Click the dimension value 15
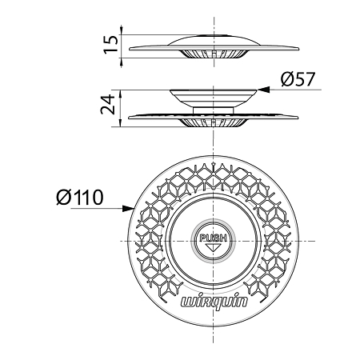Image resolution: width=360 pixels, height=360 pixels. (x=110, y=44)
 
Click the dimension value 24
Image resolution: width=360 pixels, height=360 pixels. (x=108, y=104)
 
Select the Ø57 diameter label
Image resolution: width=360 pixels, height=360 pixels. (x=298, y=79)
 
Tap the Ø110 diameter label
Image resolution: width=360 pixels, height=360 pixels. (x=80, y=198)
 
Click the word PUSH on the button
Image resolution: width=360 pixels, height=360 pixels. (x=213, y=238)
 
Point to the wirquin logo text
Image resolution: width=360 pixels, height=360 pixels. (x=214, y=302)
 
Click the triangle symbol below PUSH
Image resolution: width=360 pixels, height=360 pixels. (x=213, y=247)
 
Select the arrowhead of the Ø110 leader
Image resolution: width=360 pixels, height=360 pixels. (x=127, y=209)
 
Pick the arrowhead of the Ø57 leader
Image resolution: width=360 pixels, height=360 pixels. (x=263, y=90)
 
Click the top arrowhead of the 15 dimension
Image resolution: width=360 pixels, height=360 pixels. (x=122, y=30)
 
